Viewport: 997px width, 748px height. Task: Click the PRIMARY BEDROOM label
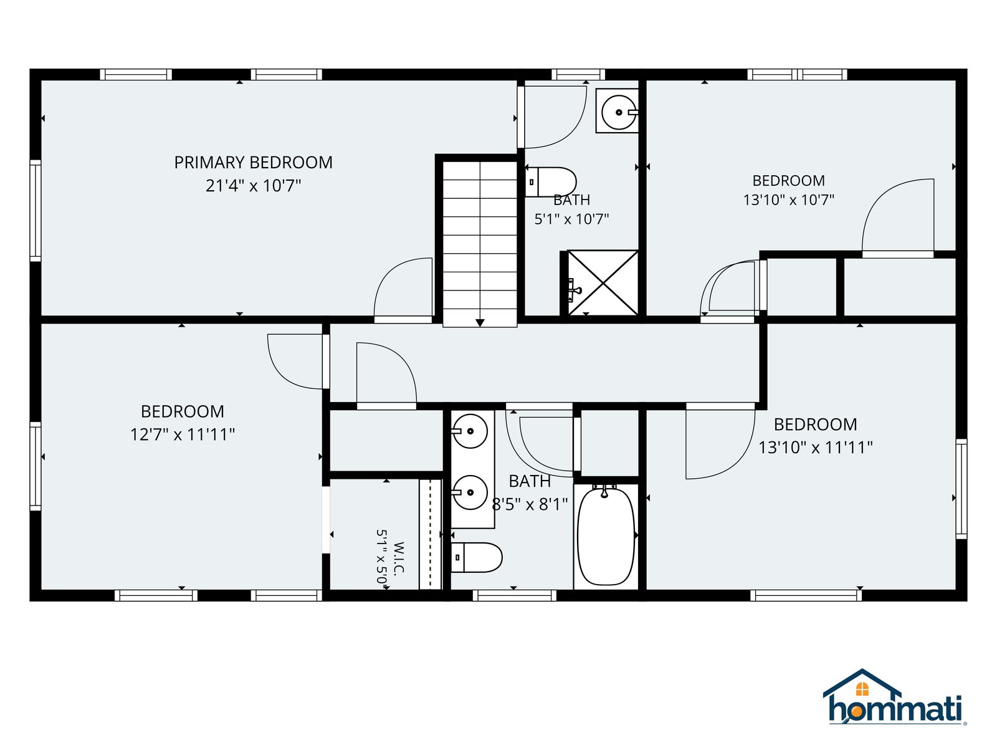pos(253,163)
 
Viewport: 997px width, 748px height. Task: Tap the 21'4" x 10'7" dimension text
pos(253,186)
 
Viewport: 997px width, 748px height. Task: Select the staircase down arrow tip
pos(480,325)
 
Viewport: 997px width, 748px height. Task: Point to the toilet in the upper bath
pos(550,182)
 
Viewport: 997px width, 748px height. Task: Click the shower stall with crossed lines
pos(603,282)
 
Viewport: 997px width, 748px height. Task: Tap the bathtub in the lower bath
pos(606,536)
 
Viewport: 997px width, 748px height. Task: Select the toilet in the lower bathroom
pos(477,557)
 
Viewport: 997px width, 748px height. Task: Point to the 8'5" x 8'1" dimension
pos(530,504)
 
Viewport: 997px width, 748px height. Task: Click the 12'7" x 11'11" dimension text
pos(182,434)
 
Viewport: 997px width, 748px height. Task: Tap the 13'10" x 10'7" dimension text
pos(788,200)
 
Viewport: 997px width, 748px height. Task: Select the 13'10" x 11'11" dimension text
pos(815,448)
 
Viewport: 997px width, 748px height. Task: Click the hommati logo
pos(894,696)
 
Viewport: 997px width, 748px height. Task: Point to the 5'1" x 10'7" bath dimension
pos(571,219)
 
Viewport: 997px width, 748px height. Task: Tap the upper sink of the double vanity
pos(470,431)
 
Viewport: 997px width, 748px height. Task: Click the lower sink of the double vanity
pos(470,492)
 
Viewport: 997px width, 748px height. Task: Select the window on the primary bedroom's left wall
pos(36,210)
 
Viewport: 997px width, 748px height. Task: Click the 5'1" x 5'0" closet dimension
pos(381,559)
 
